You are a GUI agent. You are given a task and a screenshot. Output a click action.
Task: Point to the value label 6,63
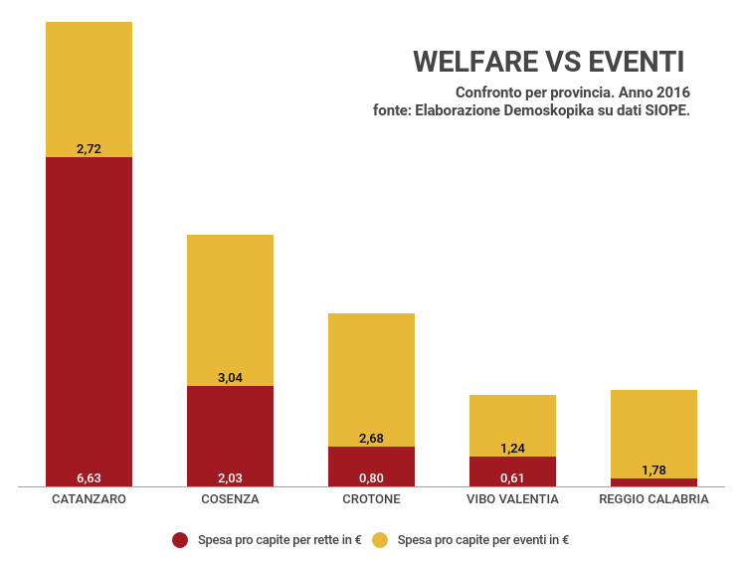click(89, 477)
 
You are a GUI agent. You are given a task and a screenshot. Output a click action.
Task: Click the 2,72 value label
click(89, 149)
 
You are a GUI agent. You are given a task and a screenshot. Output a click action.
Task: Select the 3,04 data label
click(230, 378)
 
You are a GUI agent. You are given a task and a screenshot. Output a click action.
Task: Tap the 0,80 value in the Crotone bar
click(371, 477)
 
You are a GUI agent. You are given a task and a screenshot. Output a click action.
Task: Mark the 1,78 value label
click(653, 470)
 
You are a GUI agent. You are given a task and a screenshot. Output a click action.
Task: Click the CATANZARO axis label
click(89, 499)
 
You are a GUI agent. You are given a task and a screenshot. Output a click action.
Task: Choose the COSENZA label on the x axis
click(230, 499)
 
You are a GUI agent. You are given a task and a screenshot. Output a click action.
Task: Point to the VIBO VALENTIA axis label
click(512, 499)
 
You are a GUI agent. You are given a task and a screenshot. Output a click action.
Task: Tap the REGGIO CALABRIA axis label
click(653, 499)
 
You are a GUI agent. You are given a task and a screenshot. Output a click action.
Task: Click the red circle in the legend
click(180, 540)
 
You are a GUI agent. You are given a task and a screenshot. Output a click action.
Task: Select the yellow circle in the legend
click(380, 540)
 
